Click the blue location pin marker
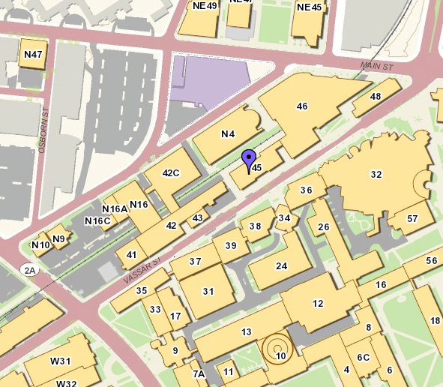coord(249,158)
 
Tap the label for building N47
coord(33,55)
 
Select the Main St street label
coord(376,67)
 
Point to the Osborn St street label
coord(44,134)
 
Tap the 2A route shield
coord(30,271)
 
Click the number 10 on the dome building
coord(281,355)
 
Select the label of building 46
coord(302,106)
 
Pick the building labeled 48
coord(376,97)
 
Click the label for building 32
coord(376,174)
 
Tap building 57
coord(412,218)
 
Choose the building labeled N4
coord(228,134)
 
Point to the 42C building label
coord(171,173)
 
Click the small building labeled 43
coord(198,218)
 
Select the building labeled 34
coord(284,218)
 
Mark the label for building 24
coord(282,265)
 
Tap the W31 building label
coord(60,361)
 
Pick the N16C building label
coord(97,220)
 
